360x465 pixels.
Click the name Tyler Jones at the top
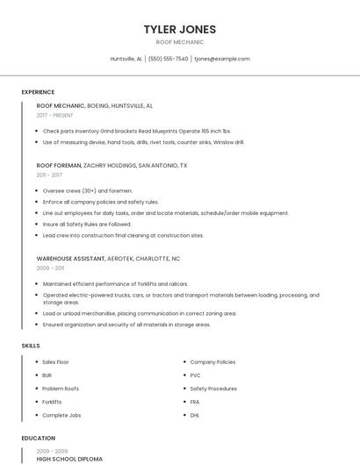click(x=180, y=29)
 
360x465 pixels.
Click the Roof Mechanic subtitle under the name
click(x=180, y=42)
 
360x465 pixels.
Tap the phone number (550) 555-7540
click(x=169, y=59)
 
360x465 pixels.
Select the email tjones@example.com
click(x=222, y=59)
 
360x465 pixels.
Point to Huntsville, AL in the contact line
click(x=126, y=59)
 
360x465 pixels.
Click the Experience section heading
click(x=38, y=92)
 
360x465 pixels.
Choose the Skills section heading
click(x=31, y=346)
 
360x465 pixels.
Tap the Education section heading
click(x=39, y=438)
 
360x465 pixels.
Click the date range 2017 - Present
click(x=55, y=115)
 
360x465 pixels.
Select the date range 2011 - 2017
click(x=49, y=175)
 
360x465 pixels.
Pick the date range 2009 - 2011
click(x=50, y=268)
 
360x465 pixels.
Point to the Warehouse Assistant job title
click(x=70, y=259)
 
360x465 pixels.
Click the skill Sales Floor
click(x=55, y=361)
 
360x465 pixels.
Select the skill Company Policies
click(x=212, y=361)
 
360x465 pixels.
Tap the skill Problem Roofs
click(x=61, y=388)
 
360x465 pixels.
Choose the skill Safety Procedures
click(x=213, y=388)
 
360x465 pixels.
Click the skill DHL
click(x=195, y=414)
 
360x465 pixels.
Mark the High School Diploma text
click(x=69, y=458)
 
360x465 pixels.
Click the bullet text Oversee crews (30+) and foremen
click(x=88, y=190)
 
